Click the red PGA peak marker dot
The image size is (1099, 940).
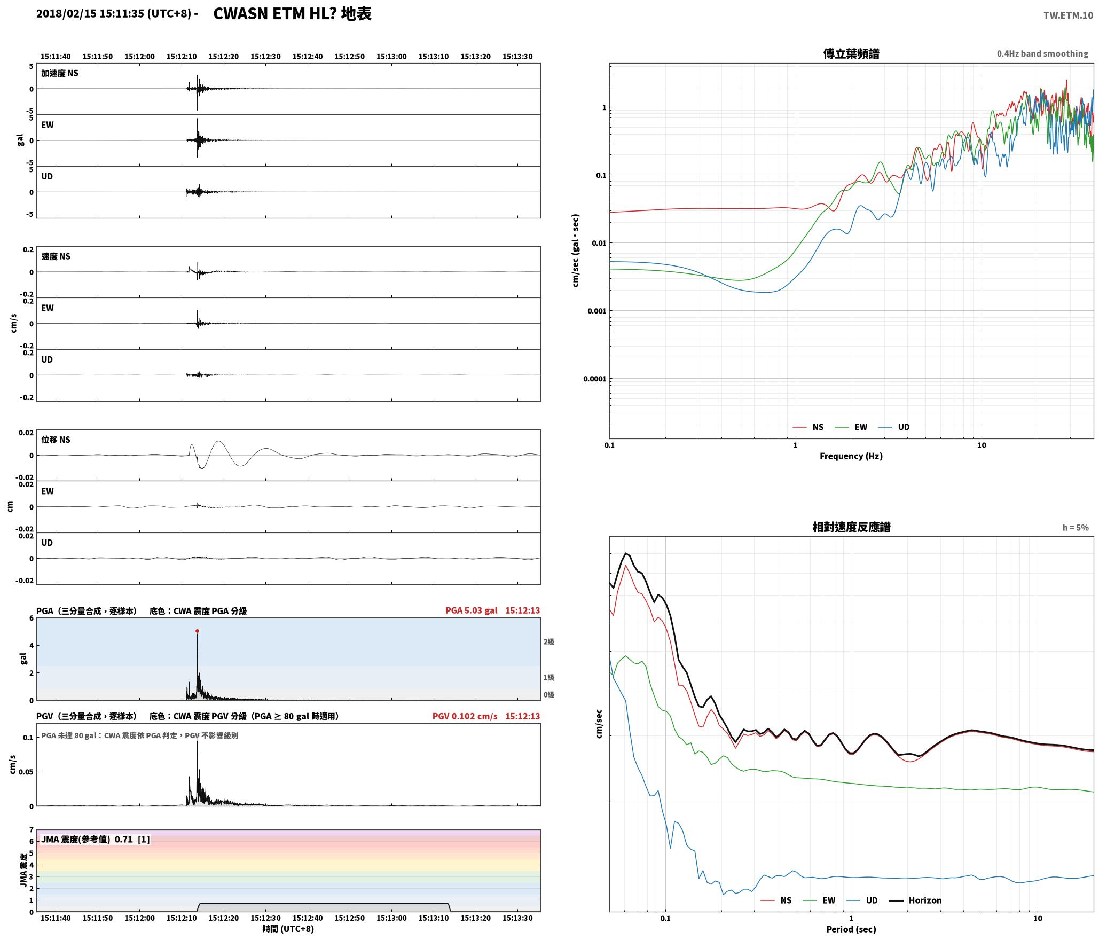pyautogui.click(x=197, y=631)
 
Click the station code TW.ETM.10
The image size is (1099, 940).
pyautogui.click(x=1068, y=15)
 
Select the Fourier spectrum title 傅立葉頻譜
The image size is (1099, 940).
pyautogui.click(x=851, y=54)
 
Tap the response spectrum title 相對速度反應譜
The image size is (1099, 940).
pyautogui.click(x=851, y=527)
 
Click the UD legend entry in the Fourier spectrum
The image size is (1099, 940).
pyautogui.click(x=894, y=427)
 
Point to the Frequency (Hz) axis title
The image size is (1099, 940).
pyautogui.click(x=851, y=456)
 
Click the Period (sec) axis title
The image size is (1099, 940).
pyautogui.click(x=851, y=929)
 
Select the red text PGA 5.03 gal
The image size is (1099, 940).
pyautogui.click(x=471, y=610)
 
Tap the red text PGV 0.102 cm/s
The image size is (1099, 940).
pyautogui.click(x=465, y=716)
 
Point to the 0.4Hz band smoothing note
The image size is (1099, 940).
pyautogui.click(x=1042, y=54)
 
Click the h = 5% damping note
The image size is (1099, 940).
pyautogui.click(x=1076, y=528)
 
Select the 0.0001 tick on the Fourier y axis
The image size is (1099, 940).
pyautogui.click(x=595, y=379)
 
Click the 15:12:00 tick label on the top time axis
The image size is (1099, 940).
pyautogui.click(x=139, y=57)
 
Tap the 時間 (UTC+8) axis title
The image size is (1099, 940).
pyautogui.click(x=288, y=929)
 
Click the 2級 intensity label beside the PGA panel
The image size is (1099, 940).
pyautogui.click(x=549, y=642)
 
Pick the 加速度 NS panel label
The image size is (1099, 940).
pyautogui.click(x=60, y=73)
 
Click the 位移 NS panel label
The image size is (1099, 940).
pyautogui.click(x=56, y=440)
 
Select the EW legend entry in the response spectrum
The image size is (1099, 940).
pyautogui.click(x=819, y=900)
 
